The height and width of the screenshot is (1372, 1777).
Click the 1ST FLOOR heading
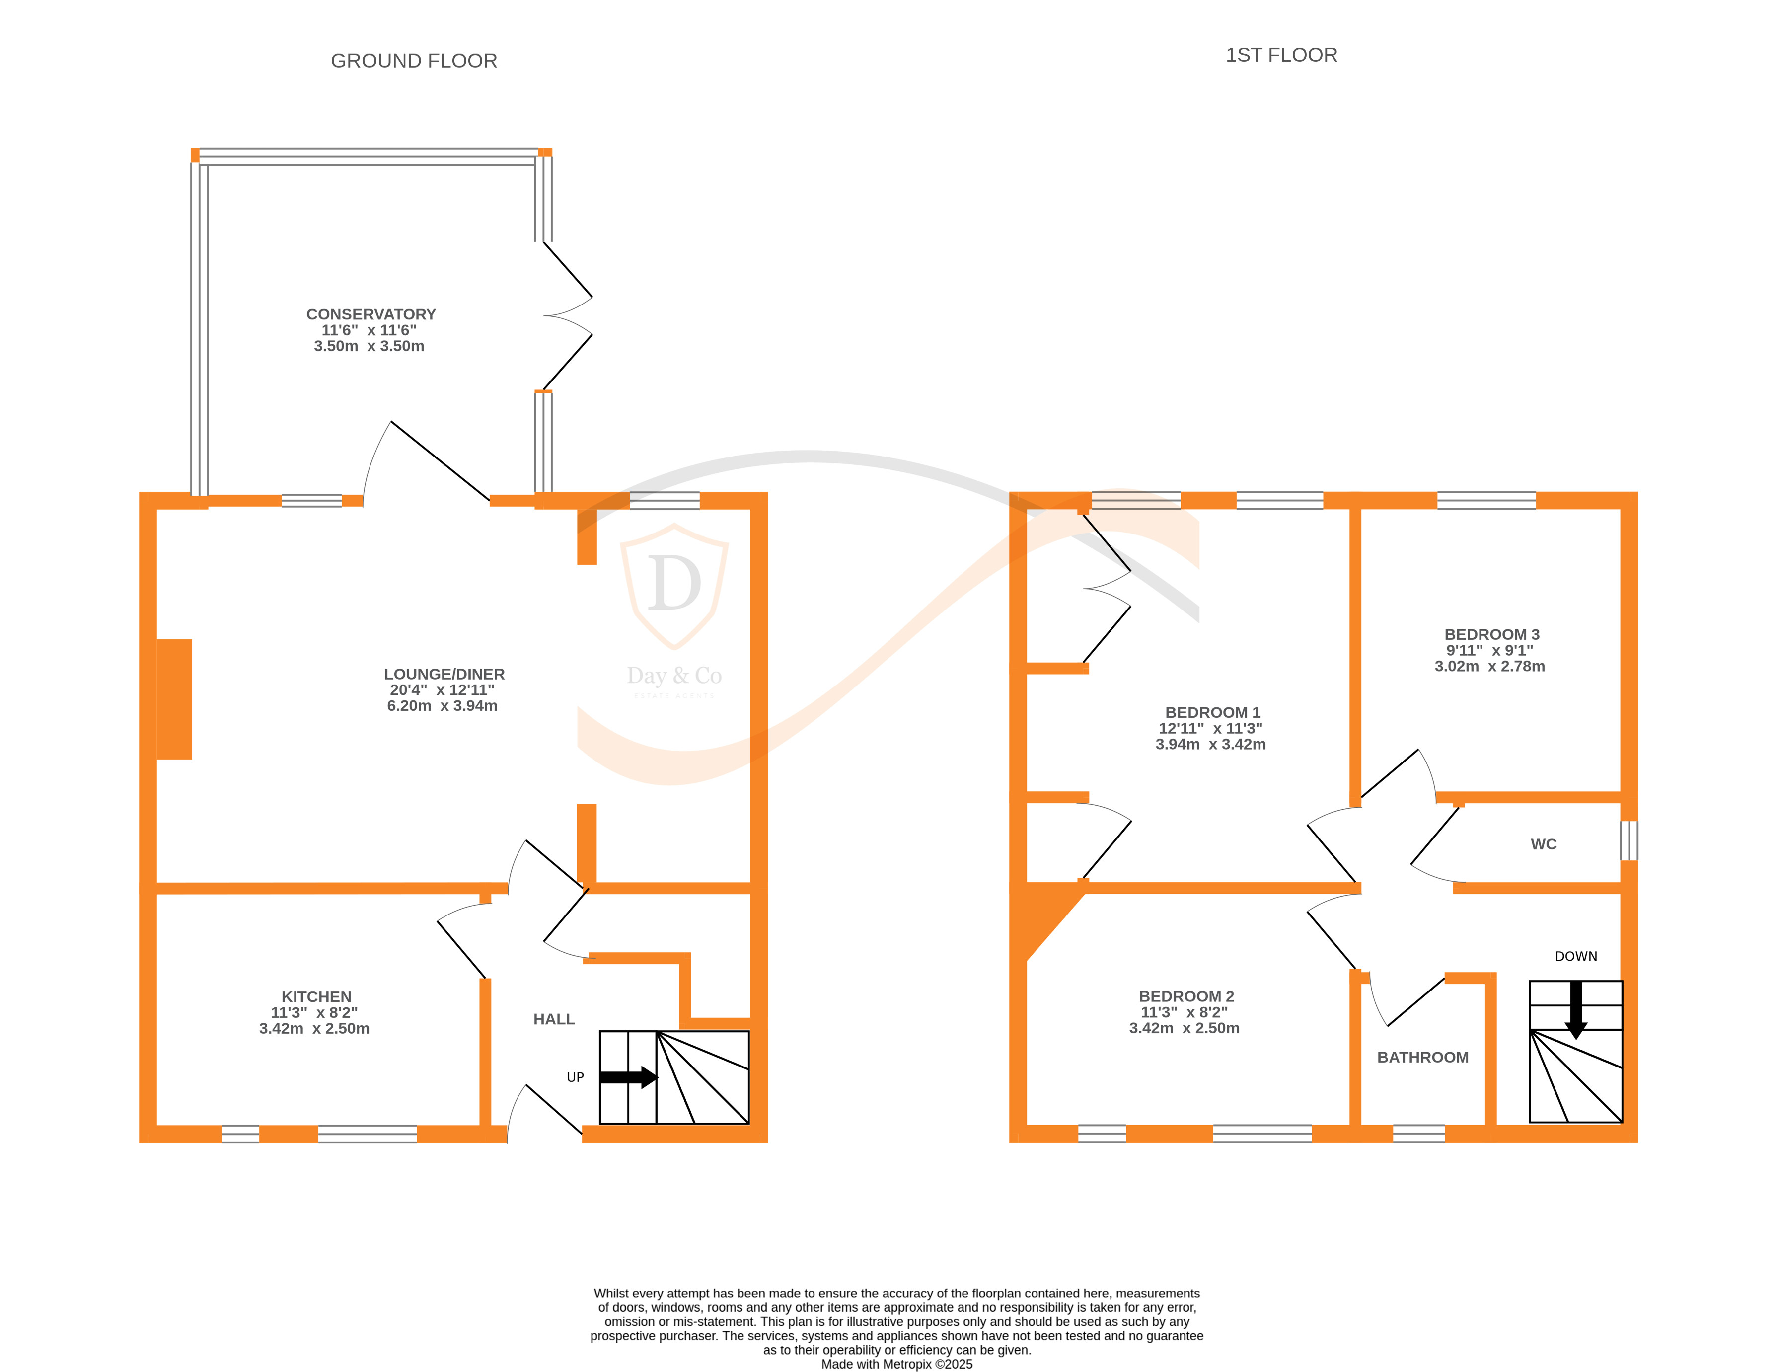pos(1281,55)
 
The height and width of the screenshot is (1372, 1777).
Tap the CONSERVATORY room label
pos(371,314)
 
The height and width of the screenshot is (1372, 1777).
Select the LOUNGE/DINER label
pos(444,674)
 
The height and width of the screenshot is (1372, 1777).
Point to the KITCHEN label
pos(316,997)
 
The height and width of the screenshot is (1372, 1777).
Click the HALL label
pos(554,1019)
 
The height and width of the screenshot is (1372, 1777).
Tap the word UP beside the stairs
pos(575,1077)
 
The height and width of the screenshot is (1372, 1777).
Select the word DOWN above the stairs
pos(1576,956)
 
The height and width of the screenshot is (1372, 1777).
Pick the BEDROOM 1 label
pos(1212,712)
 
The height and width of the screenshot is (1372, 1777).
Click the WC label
pos(1544,844)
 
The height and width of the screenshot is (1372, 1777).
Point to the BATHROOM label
pos(1423,1057)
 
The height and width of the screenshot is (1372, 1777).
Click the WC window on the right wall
pos(1629,840)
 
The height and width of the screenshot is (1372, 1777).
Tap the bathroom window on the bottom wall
pos(1418,1134)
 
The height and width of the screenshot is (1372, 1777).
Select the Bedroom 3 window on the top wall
pos(1486,500)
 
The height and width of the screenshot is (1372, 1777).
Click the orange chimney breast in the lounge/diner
pos(174,699)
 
